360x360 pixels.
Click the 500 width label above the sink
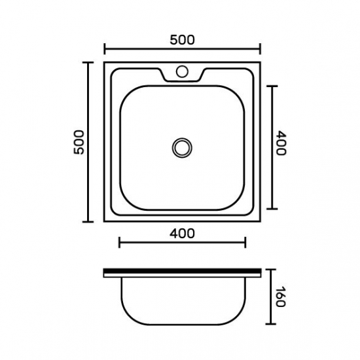click(182, 40)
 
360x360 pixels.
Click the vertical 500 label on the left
click(79, 142)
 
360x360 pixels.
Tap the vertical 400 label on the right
click(281, 143)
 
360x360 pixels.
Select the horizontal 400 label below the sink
click(182, 234)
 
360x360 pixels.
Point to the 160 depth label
click(280, 297)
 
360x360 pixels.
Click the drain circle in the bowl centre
click(182, 148)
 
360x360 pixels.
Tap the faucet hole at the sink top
click(182, 71)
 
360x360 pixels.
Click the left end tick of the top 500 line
click(105, 49)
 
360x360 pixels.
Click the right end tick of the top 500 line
click(260, 49)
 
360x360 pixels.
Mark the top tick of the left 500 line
click(88, 62)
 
